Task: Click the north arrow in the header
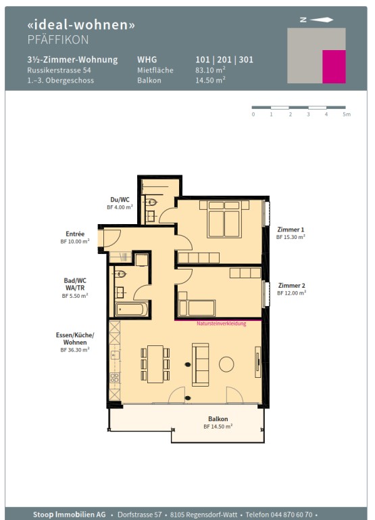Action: pyautogui.click(x=321, y=20)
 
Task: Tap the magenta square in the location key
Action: pyautogui.click(x=334, y=66)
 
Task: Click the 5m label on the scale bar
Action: pyautogui.click(x=347, y=114)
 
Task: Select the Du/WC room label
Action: pyautogui.click(x=120, y=200)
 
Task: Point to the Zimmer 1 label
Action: pyautogui.click(x=291, y=230)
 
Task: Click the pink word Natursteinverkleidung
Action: pyautogui.click(x=222, y=324)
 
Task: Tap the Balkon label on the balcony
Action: pyautogui.click(x=218, y=419)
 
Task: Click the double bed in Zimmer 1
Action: pyautogui.click(x=224, y=219)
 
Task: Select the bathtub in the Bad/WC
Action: pyautogui.click(x=131, y=309)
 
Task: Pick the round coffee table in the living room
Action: pyautogui.click(x=226, y=364)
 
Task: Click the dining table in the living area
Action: pyautogui.click(x=155, y=364)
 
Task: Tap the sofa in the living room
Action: pyautogui.click(x=200, y=365)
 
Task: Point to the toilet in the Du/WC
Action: pyautogui.click(x=151, y=202)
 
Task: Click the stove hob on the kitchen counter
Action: pyautogui.click(x=114, y=377)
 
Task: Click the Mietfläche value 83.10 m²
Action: pyautogui.click(x=211, y=70)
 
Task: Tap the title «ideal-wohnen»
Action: pyautogui.click(x=81, y=24)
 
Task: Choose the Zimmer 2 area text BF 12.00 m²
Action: pyautogui.click(x=292, y=293)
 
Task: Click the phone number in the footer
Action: pyautogui.click(x=279, y=515)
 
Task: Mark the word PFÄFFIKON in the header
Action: pyautogui.click(x=58, y=40)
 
